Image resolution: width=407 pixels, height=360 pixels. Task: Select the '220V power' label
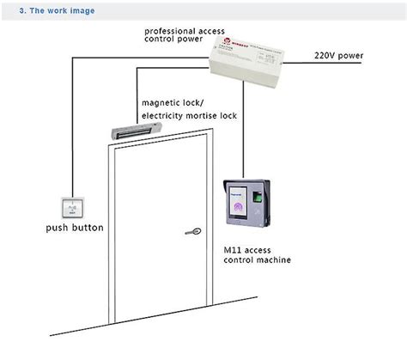pos(338,57)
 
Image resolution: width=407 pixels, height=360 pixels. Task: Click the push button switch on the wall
pos(73,206)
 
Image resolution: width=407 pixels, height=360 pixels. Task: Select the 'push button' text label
pos(75,228)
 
